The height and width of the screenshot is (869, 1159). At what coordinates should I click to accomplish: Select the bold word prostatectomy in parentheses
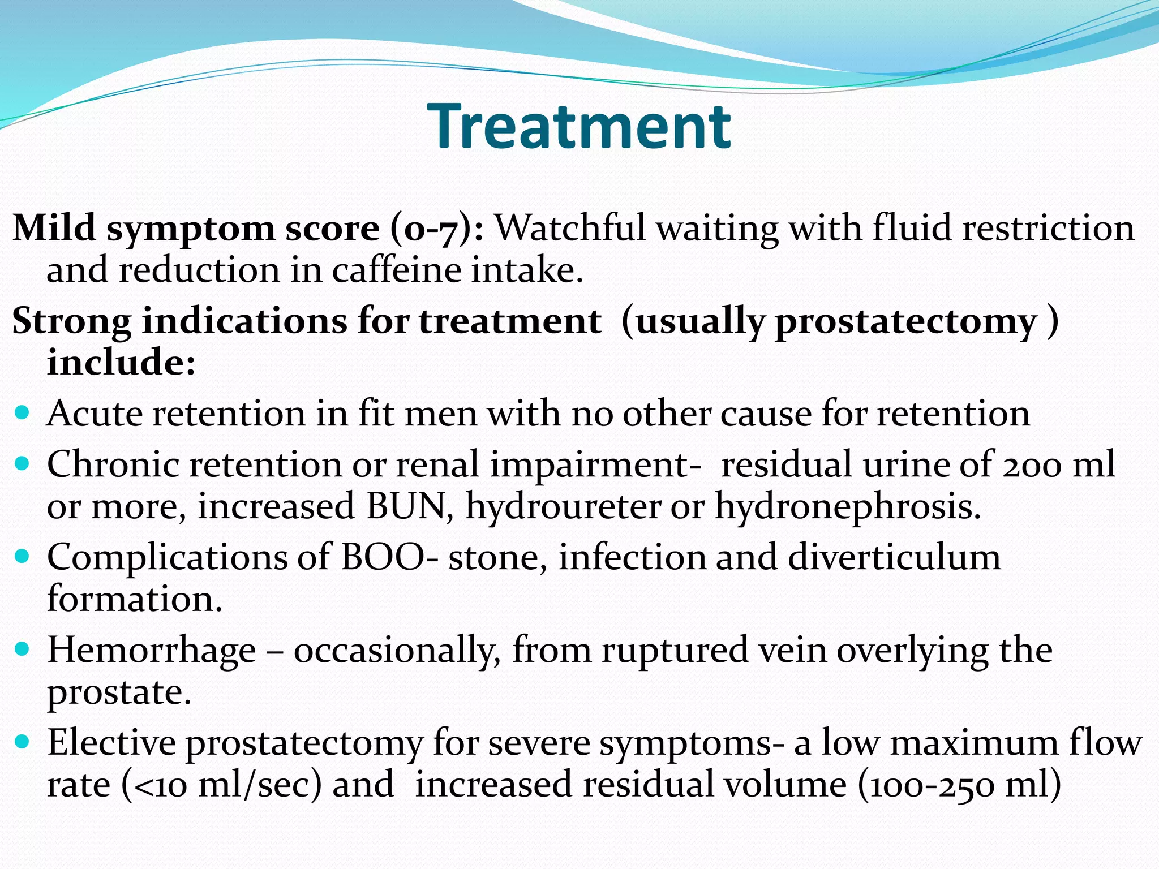[905, 322]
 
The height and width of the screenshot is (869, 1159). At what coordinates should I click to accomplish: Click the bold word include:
[121, 363]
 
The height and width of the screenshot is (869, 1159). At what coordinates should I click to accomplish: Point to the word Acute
[95, 414]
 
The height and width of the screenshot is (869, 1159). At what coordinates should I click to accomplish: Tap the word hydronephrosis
[848, 506]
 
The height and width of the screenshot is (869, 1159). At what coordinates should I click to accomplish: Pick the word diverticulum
[894, 557]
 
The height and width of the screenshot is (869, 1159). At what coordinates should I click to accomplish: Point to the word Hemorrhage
[152, 650]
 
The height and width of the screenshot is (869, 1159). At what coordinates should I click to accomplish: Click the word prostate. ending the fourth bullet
[119, 692]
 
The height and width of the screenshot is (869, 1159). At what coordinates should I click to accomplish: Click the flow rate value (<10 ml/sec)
[221, 785]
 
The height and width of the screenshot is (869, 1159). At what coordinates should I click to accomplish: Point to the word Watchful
[570, 229]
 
